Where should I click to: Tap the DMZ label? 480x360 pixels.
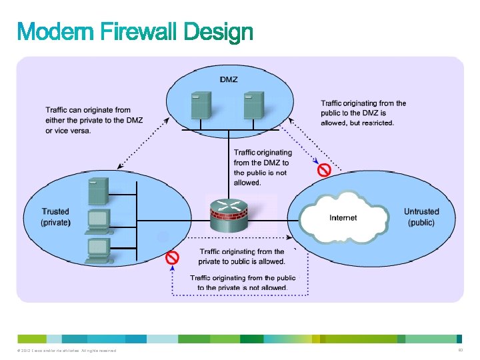coord(229,79)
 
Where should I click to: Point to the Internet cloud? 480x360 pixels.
coord(343,217)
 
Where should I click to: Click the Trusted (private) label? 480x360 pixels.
coord(56,217)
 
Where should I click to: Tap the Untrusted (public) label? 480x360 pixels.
coord(421,217)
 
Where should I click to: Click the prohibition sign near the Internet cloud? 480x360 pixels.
coord(324,170)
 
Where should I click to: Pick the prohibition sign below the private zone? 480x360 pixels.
coord(172,257)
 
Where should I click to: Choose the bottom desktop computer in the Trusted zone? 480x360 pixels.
coord(98,248)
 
